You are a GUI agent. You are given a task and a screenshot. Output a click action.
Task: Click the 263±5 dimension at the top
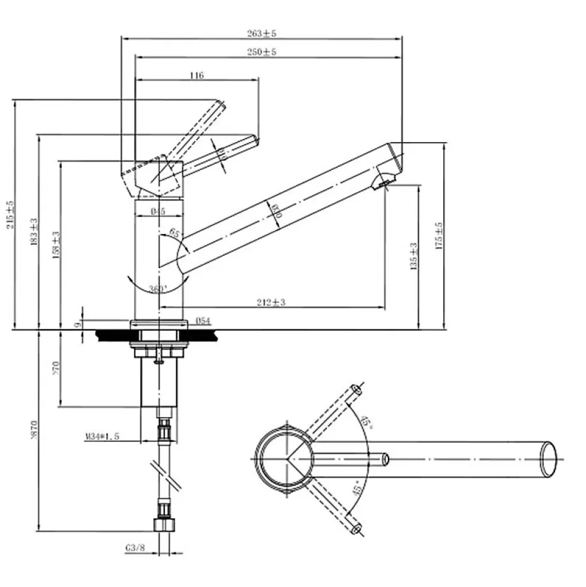tap(262, 33)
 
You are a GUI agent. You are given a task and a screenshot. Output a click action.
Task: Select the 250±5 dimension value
tap(262, 53)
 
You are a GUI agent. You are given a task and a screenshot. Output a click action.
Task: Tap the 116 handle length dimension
tap(197, 76)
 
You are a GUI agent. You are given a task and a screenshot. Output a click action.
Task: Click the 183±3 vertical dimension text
tap(34, 232)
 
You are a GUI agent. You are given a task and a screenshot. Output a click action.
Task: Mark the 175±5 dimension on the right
tap(440, 236)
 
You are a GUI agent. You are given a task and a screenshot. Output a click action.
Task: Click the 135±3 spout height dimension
tap(414, 256)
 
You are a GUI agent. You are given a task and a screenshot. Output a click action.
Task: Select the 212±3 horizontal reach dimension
tap(271, 302)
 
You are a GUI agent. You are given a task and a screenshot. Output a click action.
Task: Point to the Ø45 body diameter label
tap(158, 211)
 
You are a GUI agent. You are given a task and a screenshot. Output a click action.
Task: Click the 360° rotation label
tap(158, 289)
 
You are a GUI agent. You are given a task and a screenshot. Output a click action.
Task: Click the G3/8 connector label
tap(135, 548)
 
